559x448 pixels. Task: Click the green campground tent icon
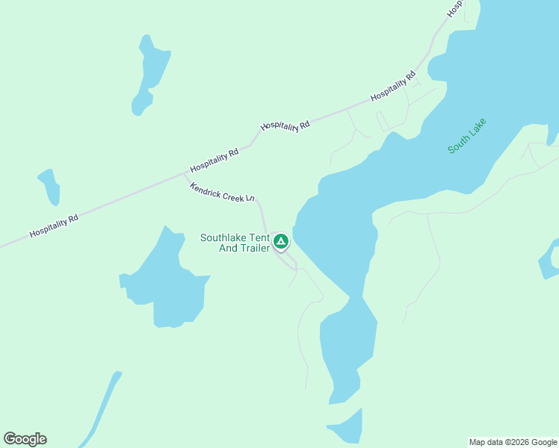point(281,240)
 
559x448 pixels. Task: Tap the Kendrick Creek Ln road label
point(222,192)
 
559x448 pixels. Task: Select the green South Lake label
point(467,136)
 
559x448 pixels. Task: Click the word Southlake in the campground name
point(224,238)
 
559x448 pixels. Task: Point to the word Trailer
point(254,248)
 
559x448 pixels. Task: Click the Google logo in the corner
point(25,439)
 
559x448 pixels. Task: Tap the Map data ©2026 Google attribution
point(513,442)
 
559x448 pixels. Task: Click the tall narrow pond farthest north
point(152,73)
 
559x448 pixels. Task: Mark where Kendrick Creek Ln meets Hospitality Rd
point(184,174)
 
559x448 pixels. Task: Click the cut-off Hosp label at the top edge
point(454,8)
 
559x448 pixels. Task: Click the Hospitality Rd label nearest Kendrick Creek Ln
point(214,160)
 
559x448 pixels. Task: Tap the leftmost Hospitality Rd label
point(54,227)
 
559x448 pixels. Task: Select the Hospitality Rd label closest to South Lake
point(392,86)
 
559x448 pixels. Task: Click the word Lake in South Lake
point(478,128)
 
